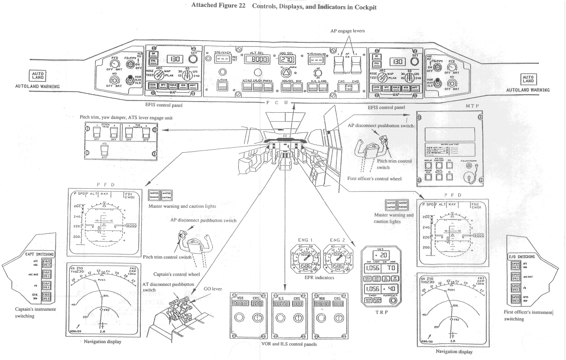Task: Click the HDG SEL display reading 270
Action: point(287,60)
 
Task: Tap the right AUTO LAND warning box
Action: point(528,79)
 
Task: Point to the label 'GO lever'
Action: point(213,289)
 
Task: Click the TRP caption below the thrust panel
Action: point(381,312)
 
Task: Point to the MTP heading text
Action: point(472,106)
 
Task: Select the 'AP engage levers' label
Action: point(348,31)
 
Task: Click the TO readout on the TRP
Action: point(391,268)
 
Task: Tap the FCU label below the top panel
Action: point(277,103)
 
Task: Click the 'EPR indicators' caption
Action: point(319,278)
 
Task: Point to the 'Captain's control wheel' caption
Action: point(176,274)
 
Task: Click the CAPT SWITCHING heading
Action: point(39,254)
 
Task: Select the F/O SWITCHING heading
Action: point(522,257)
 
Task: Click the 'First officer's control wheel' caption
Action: point(374,179)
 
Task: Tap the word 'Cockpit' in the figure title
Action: point(365,7)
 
